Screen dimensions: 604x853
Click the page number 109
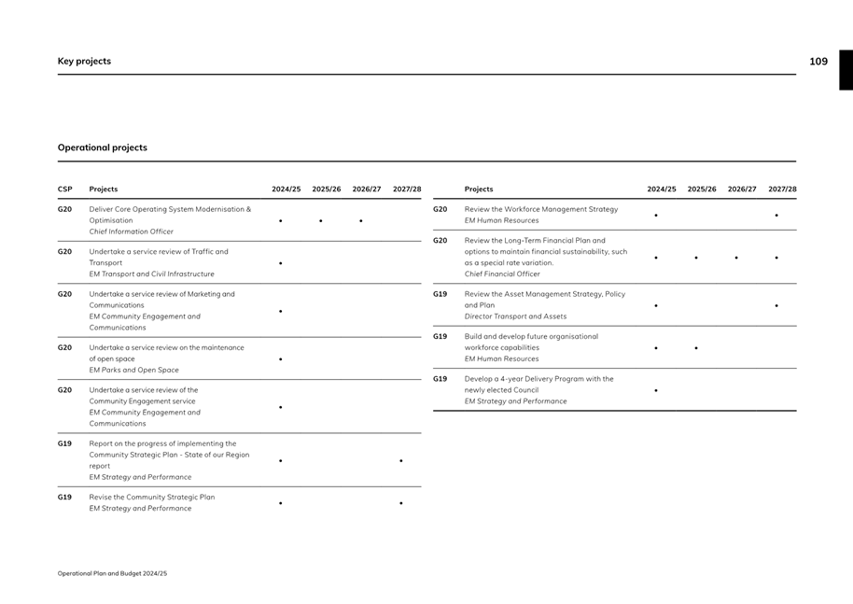click(x=818, y=62)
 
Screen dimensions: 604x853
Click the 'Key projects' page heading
click(x=84, y=62)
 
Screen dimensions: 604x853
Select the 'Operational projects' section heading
click(x=103, y=147)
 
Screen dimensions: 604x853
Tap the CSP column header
click(x=64, y=190)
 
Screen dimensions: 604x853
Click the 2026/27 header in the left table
click(x=367, y=190)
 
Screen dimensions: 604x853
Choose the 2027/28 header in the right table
click(x=782, y=190)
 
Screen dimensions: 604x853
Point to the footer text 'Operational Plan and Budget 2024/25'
click(x=112, y=573)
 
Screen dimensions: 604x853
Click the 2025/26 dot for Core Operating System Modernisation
click(x=320, y=221)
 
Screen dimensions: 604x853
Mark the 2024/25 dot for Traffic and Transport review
click(x=280, y=263)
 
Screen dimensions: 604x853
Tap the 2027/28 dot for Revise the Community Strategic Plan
click(x=401, y=503)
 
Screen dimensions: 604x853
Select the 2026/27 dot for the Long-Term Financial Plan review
click(x=736, y=258)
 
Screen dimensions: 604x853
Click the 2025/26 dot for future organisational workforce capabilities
click(x=696, y=348)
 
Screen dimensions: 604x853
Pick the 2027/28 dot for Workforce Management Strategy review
click(x=776, y=216)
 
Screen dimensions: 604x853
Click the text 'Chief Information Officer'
click(x=131, y=232)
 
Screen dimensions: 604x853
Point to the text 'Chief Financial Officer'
click(x=502, y=274)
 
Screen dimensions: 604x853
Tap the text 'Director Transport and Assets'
click(x=515, y=316)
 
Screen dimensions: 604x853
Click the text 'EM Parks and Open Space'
click(x=133, y=371)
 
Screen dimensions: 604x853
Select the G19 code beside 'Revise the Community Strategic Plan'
click(x=64, y=498)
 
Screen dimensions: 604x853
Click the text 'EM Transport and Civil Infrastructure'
click(x=151, y=274)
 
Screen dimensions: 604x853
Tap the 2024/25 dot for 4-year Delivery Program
click(x=656, y=390)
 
